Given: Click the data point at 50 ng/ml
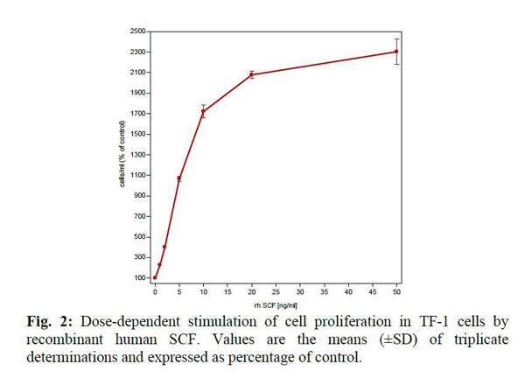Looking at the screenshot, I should [x=396, y=52].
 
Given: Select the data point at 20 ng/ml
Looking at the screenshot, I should [x=252, y=74].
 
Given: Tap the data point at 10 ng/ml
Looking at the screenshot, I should [x=203, y=111].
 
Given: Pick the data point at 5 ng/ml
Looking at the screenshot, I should [x=179, y=178].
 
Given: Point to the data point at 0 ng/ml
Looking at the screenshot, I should [x=155, y=278].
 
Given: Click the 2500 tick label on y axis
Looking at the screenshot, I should [x=137, y=31].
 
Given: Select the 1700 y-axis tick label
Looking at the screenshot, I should [x=137, y=114].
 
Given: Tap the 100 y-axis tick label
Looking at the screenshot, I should [x=139, y=278].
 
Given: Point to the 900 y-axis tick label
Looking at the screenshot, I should [x=139, y=196].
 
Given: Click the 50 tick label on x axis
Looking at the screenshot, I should [x=396, y=290].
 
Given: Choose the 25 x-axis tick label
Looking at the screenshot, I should [x=276, y=290].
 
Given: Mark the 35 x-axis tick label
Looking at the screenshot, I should [x=324, y=290].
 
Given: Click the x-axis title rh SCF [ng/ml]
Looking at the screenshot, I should [x=276, y=302].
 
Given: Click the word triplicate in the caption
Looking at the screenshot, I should [x=473, y=339].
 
